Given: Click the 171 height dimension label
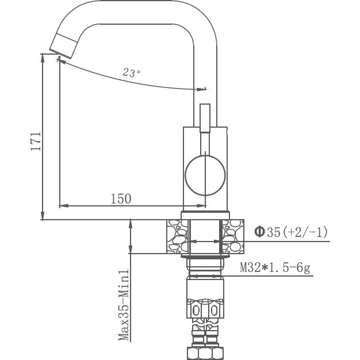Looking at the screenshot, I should (35, 141).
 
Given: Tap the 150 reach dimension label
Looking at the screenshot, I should (121, 199).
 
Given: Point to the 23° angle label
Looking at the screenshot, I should (132, 73).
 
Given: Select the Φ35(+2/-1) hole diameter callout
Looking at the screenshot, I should (290, 232).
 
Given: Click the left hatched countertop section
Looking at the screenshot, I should (177, 236).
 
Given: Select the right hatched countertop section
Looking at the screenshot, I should (233, 236).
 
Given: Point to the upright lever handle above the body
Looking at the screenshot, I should (205, 118).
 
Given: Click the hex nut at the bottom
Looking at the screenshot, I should (205, 353).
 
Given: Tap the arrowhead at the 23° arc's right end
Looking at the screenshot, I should (202, 89).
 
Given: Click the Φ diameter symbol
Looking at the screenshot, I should (259, 232).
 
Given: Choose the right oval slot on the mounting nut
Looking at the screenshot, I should (213, 311).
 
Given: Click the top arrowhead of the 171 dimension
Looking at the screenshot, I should (44, 56).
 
